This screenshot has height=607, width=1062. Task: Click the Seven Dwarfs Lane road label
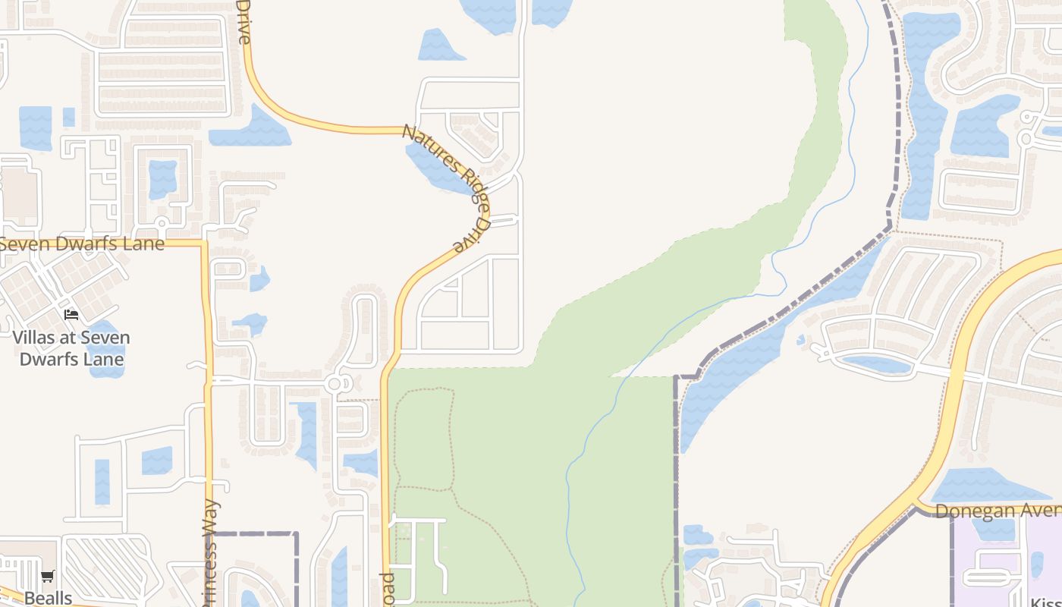tap(82, 244)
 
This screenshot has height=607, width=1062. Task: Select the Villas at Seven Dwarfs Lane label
tap(71, 348)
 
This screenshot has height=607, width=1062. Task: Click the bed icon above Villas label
tap(71, 314)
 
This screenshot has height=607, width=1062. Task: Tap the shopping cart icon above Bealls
tap(48, 577)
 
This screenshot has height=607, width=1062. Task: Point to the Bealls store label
tap(48, 597)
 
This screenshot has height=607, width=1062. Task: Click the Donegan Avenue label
tap(998, 511)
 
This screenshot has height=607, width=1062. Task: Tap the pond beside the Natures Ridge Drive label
tap(436, 167)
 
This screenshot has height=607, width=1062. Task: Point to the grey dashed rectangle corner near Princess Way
tap(295, 534)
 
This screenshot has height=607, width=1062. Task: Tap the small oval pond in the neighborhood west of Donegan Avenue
tap(876, 365)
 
